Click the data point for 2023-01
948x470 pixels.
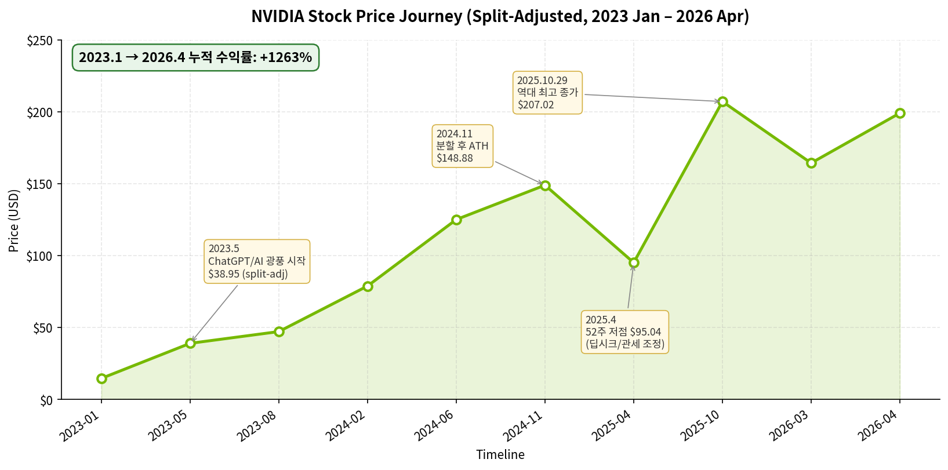101,378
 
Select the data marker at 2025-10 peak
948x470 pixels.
722,102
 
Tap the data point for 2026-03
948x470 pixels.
811,163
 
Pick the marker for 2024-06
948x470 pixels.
456,220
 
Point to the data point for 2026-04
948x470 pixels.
900,113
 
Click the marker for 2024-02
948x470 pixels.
368,286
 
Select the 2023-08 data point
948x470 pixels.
279,331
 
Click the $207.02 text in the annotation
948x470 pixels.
536,105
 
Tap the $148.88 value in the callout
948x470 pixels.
455,158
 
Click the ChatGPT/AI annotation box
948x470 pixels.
256,261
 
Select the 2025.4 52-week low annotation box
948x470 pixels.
624,332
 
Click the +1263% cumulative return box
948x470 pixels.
195,57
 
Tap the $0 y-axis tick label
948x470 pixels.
46,400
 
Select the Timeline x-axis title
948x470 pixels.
500,455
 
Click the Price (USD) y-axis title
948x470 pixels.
14,220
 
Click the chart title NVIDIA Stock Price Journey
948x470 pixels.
500,16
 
